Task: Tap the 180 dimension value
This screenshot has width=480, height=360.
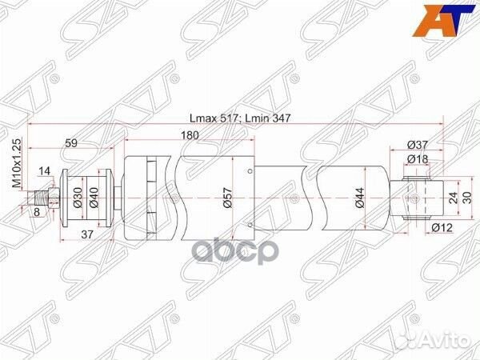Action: pyautogui.click(x=189, y=135)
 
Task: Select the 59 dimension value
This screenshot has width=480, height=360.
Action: pyautogui.click(x=71, y=144)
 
